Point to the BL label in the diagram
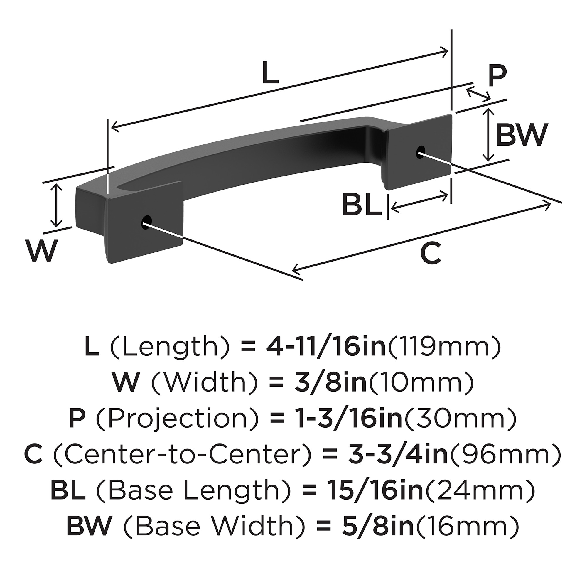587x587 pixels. point(362,205)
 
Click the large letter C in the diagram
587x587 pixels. point(431,253)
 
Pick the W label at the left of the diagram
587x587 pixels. point(42,251)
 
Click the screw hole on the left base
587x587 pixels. point(147,221)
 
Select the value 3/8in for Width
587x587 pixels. point(330,382)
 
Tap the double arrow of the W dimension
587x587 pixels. point(56,205)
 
